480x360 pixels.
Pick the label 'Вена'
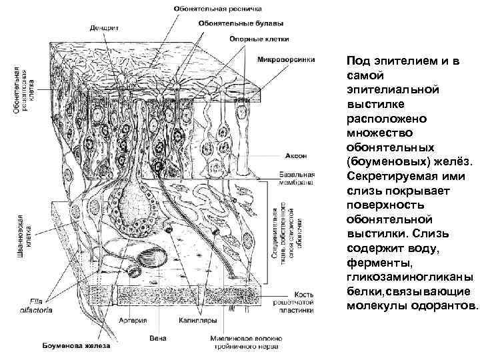pos(158,339)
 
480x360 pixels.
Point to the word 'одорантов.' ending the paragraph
pos(446,306)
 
